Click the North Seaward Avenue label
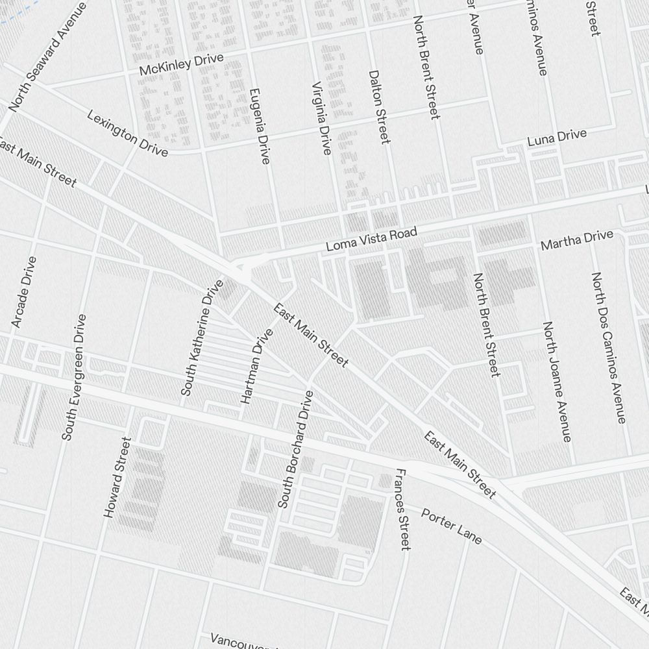click(x=47, y=56)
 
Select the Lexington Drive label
click(x=127, y=134)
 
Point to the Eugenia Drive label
click(x=258, y=126)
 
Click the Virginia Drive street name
click(x=321, y=118)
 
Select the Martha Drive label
click(x=576, y=240)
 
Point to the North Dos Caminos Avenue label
click(x=608, y=347)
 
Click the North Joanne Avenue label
click(x=557, y=382)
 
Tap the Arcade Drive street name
click(x=24, y=291)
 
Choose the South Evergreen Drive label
click(x=73, y=377)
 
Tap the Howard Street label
click(x=117, y=477)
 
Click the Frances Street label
click(x=403, y=509)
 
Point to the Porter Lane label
click(x=452, y=526)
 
